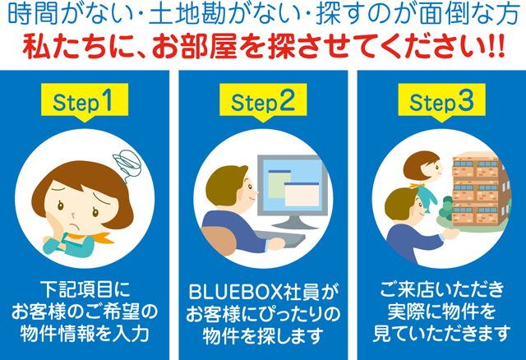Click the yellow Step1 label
tap(85, 100)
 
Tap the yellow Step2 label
tap(263, 100)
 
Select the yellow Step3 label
tap(442, 100)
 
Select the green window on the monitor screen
tap(279, 184)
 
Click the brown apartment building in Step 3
tap(480, 190)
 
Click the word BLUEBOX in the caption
tap(236, 293)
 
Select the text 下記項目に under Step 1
tap(85, 288)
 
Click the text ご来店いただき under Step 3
tap(442, 288)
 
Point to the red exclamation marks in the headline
tap(496, 48)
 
